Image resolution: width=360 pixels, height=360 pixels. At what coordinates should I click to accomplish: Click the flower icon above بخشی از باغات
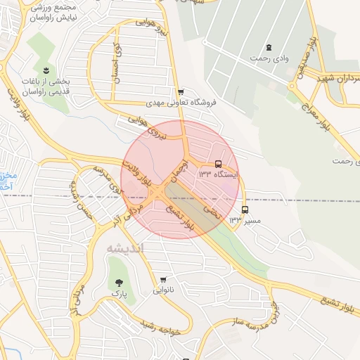[x=46, y=70]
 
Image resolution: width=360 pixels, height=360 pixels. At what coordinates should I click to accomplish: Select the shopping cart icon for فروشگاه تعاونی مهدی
[x=181, y=92]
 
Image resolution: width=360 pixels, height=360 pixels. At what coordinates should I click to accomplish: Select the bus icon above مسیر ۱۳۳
[x=245, y=210]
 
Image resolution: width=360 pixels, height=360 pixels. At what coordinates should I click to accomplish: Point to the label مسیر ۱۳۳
[x=245, y=220]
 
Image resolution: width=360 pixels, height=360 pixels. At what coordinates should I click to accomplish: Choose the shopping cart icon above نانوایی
[x=163, y=279]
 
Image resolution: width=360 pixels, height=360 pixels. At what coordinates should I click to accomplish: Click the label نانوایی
[x=163, y=290]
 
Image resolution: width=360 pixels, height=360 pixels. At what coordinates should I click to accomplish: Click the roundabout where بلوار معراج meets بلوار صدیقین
[x=291, y=86]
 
